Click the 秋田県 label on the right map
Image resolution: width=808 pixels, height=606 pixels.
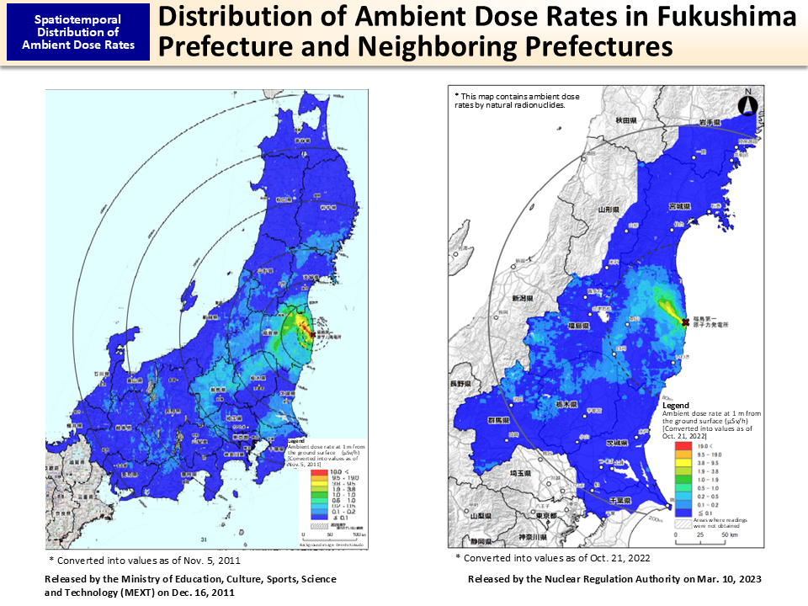(x=624, y=121)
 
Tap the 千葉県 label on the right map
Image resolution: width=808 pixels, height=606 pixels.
(x=646, y=500)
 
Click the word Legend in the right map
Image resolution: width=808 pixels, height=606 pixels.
(x=675, y=406)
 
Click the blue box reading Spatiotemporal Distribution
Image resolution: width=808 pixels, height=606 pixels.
(x=78, y=32)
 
